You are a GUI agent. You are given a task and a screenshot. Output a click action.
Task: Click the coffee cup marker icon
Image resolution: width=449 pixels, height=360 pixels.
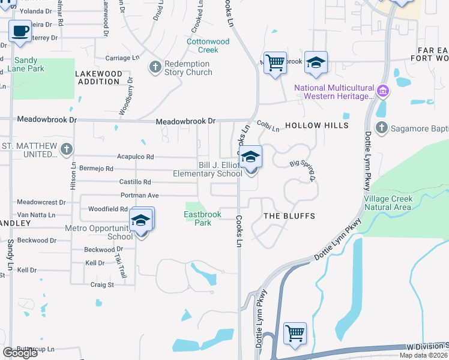tap(20, 31)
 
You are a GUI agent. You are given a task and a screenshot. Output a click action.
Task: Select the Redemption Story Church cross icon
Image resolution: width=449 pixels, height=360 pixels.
tap(155, 67)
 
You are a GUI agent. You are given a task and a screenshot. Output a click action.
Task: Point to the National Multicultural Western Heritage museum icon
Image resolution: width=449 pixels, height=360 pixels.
tap(383, 92)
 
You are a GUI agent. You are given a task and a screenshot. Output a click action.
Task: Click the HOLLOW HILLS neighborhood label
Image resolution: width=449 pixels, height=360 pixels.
tap(316, 125)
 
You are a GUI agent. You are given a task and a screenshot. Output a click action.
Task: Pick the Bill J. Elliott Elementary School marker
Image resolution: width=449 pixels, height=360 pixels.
tap(252, 158)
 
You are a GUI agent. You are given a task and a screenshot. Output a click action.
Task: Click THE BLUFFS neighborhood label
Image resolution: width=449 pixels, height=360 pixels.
tap(289, 215)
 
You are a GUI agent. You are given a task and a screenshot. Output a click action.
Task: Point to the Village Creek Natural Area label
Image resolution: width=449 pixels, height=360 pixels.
tap(388, 203)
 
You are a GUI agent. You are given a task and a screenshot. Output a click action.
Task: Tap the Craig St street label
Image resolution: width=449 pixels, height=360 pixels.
tap(102, 284)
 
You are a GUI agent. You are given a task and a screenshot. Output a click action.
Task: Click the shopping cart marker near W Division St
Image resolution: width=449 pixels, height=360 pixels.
tap(295, 333)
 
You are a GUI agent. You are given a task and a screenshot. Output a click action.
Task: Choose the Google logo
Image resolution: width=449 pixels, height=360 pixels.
tap(20, 353)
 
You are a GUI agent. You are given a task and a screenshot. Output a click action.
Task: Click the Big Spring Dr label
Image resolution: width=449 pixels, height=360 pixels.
tap(302, 170)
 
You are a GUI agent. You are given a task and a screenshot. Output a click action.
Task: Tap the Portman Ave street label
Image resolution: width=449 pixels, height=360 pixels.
tap(139, 195)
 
